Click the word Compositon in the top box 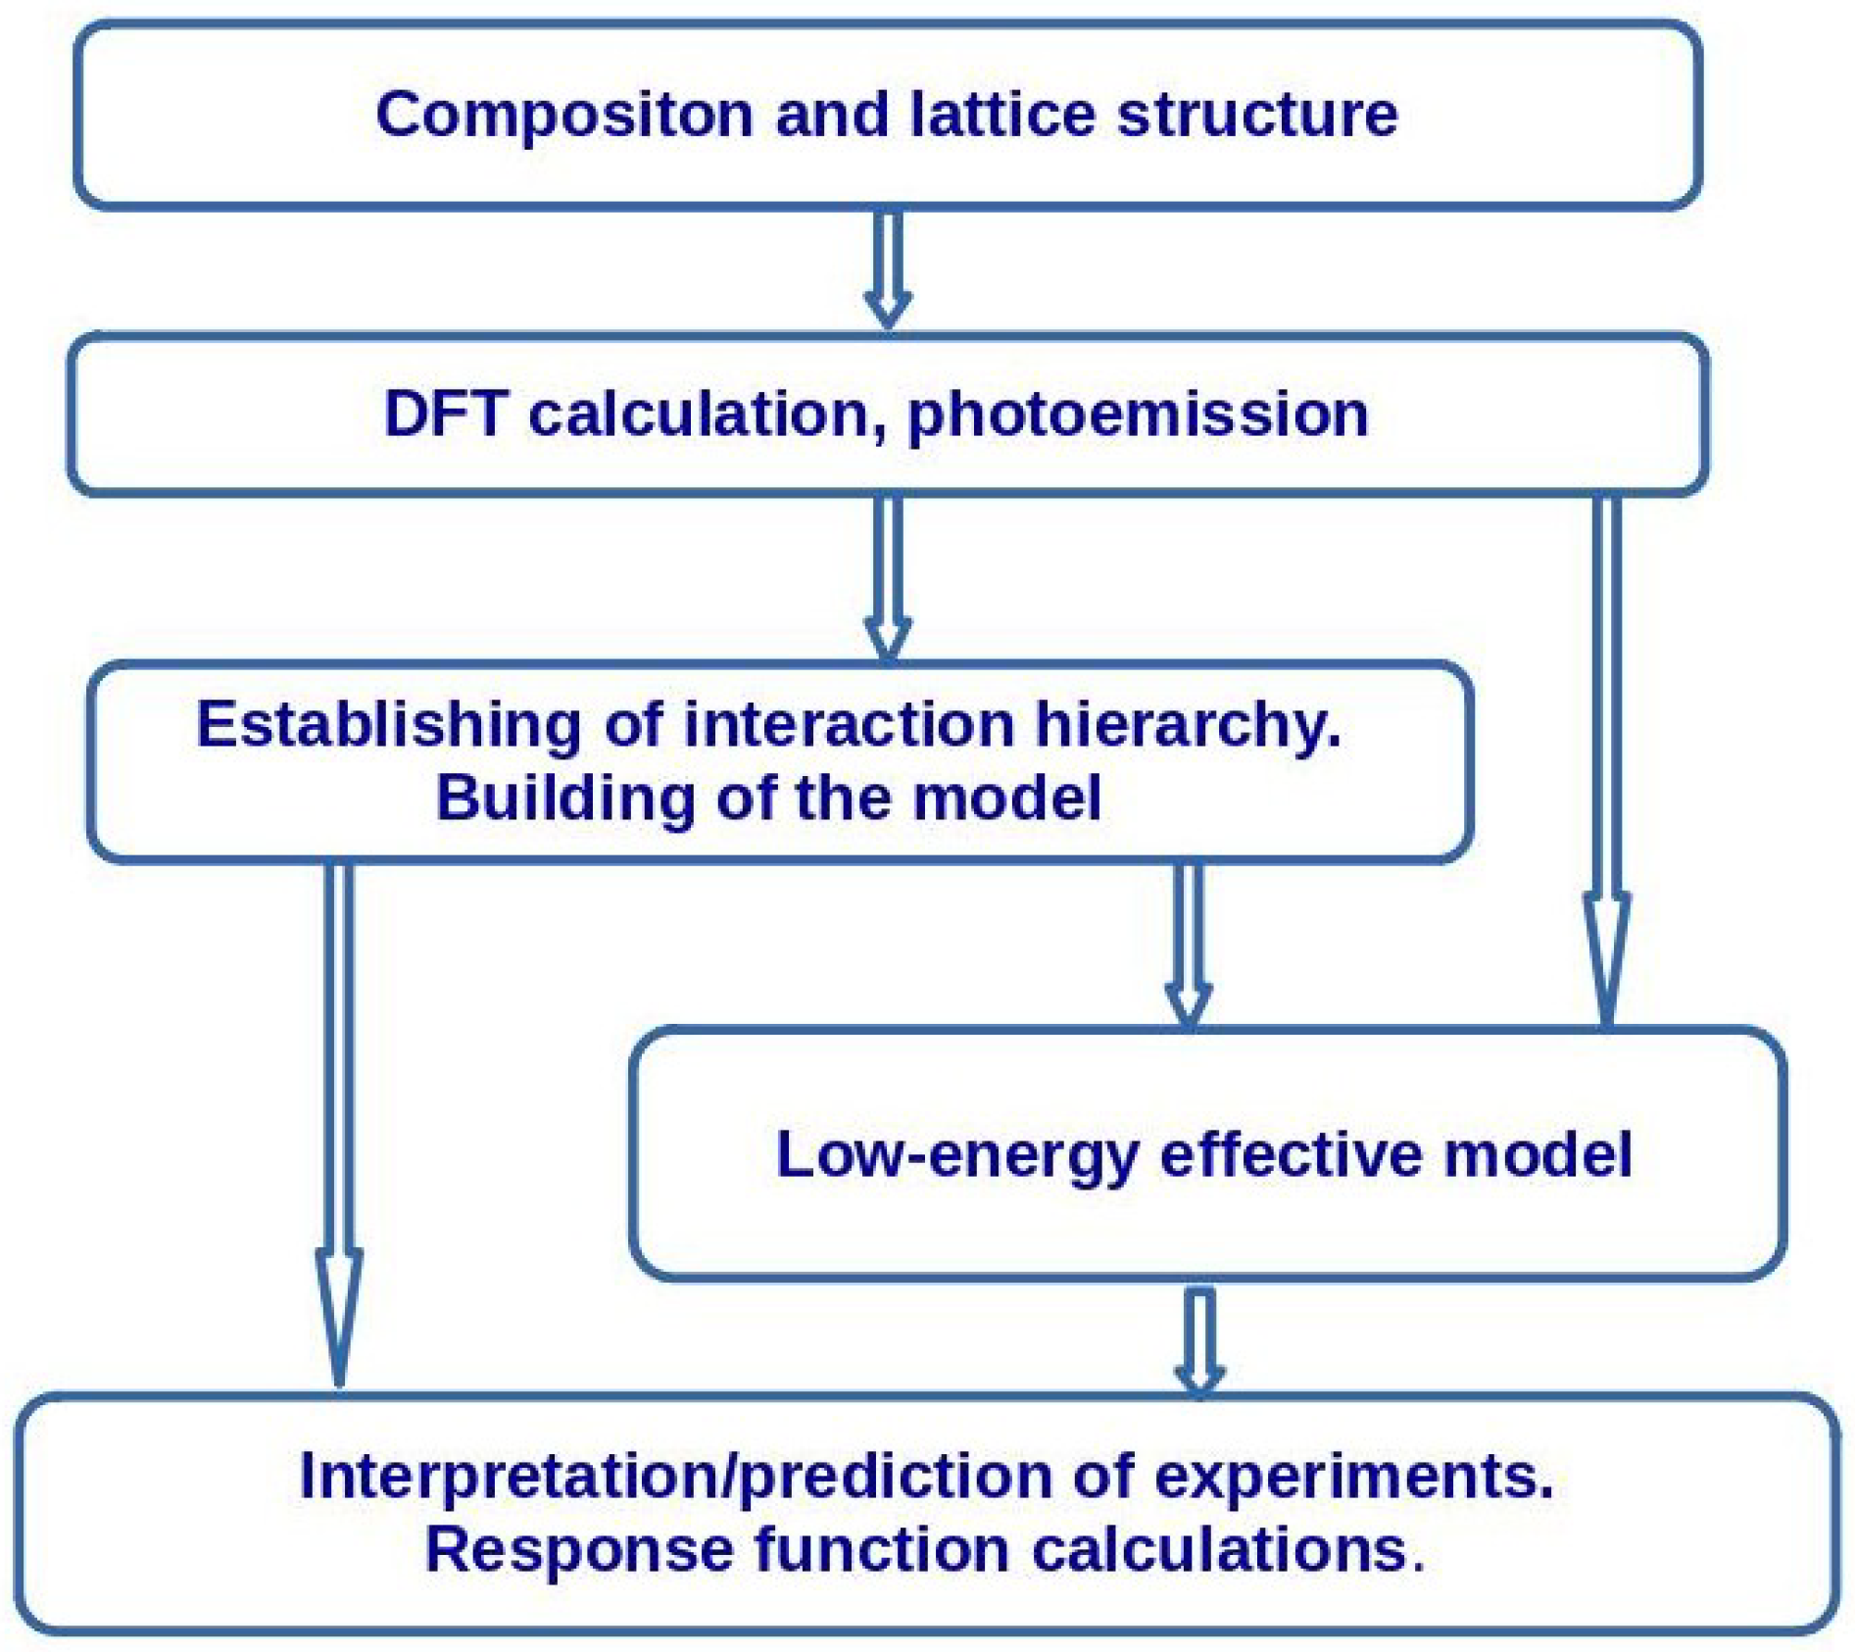click(563, 116)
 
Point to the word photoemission click(1138, 414)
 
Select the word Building click(564, 799)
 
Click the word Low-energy click(956, 1155)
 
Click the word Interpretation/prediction click(675, 1476)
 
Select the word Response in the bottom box click(579, 1550)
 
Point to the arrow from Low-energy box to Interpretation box click(1199, 1336)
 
